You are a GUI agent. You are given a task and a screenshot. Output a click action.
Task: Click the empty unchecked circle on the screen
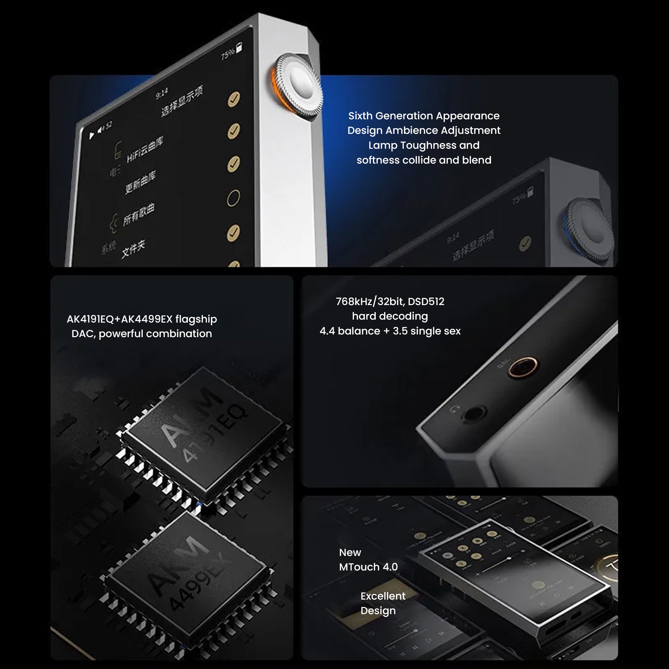233,198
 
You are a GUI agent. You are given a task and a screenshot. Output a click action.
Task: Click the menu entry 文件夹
133,248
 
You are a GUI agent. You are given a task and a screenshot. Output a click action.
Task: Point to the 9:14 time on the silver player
162,93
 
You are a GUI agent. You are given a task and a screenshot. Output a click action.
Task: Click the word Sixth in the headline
361,116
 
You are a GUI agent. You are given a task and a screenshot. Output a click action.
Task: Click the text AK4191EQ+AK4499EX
119,319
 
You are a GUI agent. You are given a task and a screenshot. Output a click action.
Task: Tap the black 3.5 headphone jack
474,413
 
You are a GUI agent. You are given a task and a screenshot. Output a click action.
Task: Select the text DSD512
426,301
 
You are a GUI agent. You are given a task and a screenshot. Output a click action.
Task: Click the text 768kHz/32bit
370,301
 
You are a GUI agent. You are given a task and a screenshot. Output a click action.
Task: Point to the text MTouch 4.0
369,567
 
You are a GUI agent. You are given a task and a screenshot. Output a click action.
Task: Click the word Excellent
383,596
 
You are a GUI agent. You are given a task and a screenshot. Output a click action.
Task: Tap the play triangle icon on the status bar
92,136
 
